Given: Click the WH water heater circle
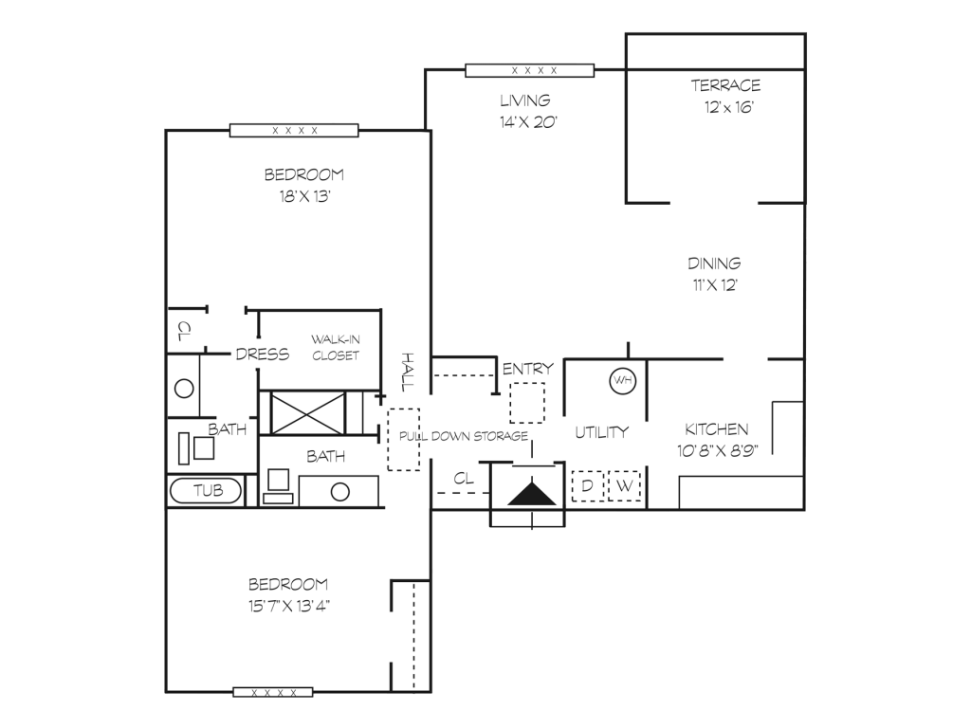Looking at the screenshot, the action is pyautogui.click(x=622, y=380).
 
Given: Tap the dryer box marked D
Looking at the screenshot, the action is pyautogui.click(x=587, y=486).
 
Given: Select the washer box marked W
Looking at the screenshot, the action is pyautogui.click(x=624, y=486).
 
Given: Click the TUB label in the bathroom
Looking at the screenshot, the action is pyautogui.click(x=208, y=491).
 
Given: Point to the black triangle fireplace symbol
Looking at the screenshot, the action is pyautogui.click(x=531, y=494).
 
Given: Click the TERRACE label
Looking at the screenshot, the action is pyautogui.click(x=725, y=85).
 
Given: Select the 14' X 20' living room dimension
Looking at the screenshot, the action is pyautogui.click(x=528, y=122).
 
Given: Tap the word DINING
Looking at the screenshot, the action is pyautogui.click(x=714, y=264).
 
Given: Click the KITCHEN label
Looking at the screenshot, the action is pyautogui.click(x=717, y=429).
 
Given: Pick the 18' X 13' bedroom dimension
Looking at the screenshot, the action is pyautogui.click(x=304, y=196).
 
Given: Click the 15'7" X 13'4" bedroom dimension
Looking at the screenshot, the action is pyautogui.click(x=289, y=606).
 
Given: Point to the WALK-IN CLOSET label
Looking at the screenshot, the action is pyautogui.click(x=335, y=347).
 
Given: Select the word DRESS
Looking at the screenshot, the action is pyautogui.click(x=263, y=355).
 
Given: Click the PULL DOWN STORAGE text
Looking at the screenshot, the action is pyautogui.click(x=463, y=436).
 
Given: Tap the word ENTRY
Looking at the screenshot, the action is pyautogui.click(x=527, y=369).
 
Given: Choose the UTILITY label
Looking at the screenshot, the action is pyautogui.click(x=601, y=432).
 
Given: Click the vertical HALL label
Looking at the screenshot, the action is pyautogui.click(x=407, y=372).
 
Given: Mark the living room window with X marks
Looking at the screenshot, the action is pyautogui.click(x=529, y=70).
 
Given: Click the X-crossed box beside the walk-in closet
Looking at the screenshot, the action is pyautogui.click(x=308, y=413).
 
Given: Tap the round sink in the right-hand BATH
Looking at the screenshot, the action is pyautogui.click(x=340, y=492).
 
